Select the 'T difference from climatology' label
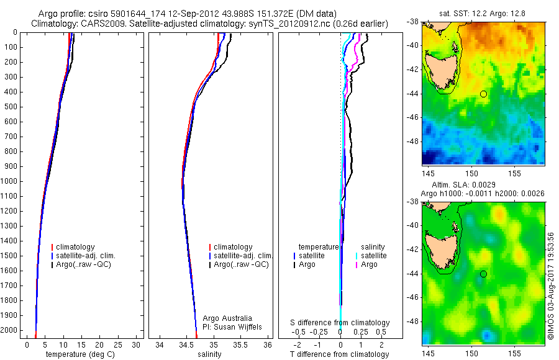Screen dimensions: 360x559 [340, 354]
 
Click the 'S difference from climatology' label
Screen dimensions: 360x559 [340, 323]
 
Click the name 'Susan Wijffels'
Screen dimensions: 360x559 [232, 326]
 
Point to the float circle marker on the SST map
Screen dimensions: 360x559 [483, 94]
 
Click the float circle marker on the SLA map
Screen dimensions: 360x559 [483, 274]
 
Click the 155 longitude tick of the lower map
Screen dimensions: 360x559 [514, 353]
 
